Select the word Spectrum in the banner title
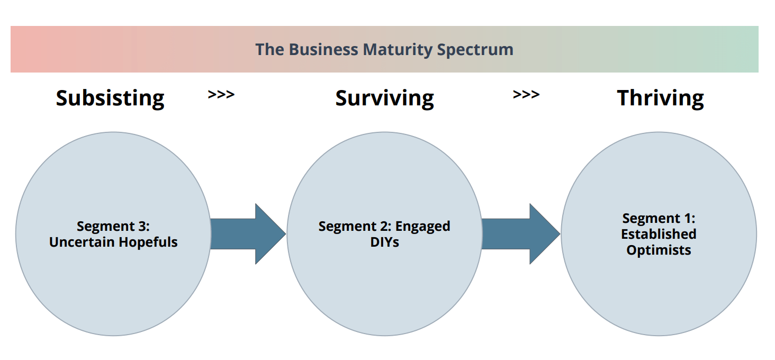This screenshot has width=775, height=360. click(x=475, y=50)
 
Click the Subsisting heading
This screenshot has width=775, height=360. click(x=110, y=98)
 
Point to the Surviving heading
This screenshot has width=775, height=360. click(x=384, y=98)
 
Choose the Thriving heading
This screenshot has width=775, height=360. click(x=660, y=98)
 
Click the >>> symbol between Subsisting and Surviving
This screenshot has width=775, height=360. click(x=221, y=95)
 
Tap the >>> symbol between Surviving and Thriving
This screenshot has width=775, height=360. click(x=526, y=95)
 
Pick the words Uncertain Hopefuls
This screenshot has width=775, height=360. click(x=113, y=242)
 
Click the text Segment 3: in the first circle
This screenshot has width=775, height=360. click(x=113, y=226)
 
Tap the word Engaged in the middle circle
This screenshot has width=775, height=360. click(x=423, y=226)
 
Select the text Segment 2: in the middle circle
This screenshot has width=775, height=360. click(x=355, y=226)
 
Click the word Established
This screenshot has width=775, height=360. click(x=659, y=233)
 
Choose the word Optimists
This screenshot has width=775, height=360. click(x=659, y=250)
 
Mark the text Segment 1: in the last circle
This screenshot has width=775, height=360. click(x=659, y=218)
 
